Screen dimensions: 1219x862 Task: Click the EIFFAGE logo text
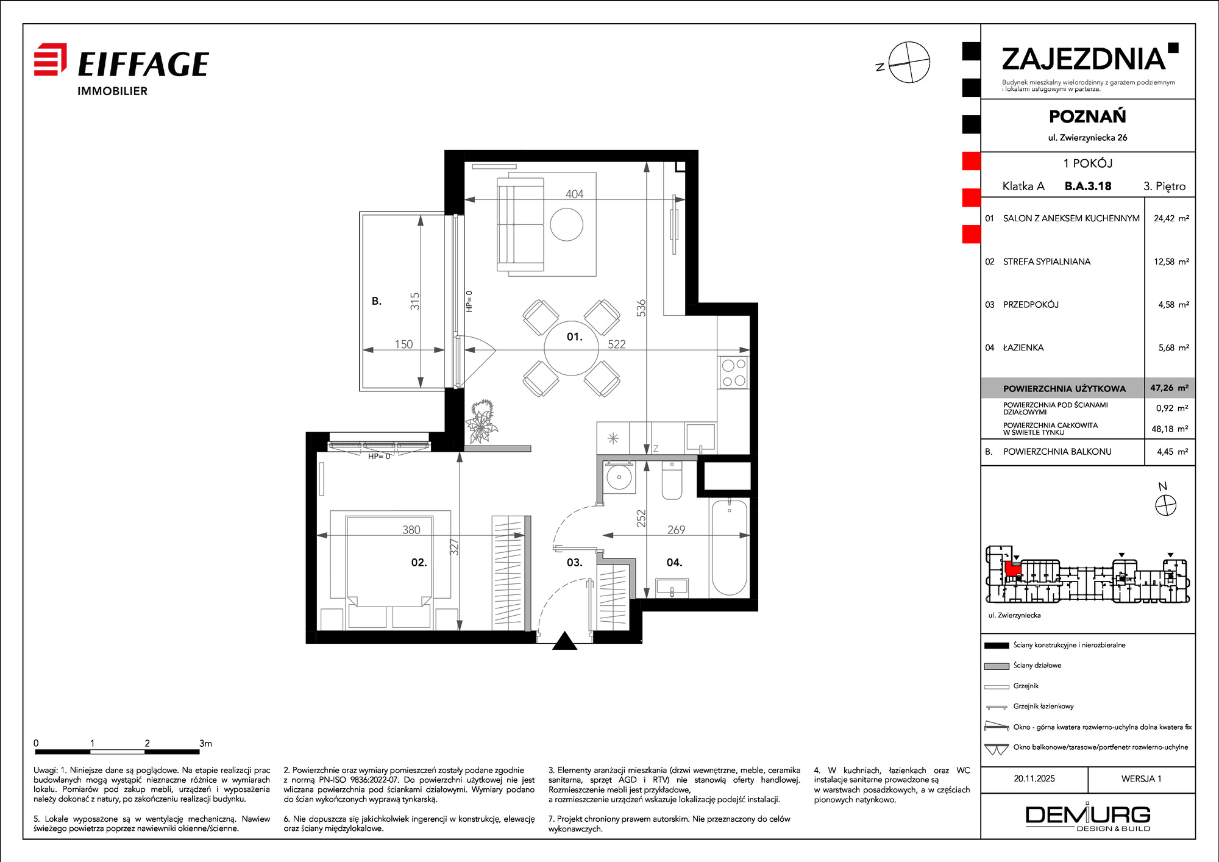coord(143,65)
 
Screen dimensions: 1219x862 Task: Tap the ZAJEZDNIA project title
coord(1084,59)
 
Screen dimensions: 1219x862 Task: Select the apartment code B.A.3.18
coord(1088,187)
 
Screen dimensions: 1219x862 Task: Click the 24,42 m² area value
coord(1171,218)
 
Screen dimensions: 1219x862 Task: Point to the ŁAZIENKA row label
coord(1023,347)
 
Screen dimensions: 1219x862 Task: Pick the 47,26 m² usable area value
coord(1169,388)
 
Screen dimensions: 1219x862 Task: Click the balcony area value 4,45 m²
coord(1173,452)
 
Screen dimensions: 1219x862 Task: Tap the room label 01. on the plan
coord(574,337)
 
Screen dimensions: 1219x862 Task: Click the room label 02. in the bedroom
coord(419,562)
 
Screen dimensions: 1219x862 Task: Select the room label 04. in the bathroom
coord(674,562)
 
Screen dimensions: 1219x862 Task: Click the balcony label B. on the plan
coord(377,301)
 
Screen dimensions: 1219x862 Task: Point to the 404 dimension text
coord(574,194)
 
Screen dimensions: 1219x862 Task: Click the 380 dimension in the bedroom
coord(411,530)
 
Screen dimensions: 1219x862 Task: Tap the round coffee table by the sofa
coord(567,224)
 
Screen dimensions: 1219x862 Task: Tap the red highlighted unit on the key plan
coord(1012,569)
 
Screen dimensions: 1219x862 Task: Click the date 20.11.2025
coord(1034,778)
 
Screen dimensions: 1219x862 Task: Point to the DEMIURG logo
coord(1088,817)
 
